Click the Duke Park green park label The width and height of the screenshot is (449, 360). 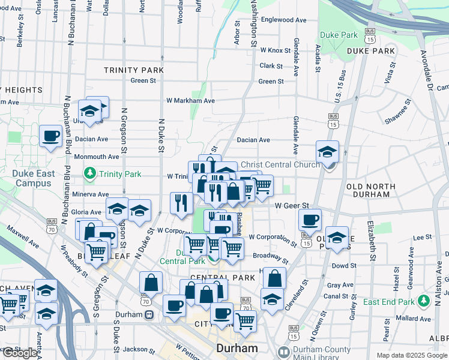pos(339,35)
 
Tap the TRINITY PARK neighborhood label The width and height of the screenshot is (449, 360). pos(133,70)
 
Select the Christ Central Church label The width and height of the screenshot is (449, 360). pos(280,164)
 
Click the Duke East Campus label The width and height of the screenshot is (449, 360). pos(33,178)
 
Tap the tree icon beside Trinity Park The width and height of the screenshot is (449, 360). pos(90,174)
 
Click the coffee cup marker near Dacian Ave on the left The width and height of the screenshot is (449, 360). pos(50,136)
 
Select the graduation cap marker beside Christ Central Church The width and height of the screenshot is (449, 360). pos(328,151)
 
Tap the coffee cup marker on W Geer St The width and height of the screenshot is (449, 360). pos(310,220)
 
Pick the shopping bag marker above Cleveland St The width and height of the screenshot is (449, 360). pos(274,278)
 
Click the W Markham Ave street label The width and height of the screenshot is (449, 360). pos(190,101)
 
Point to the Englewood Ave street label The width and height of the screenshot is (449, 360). pos(285,20)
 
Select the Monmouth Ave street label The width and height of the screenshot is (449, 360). pos(97,157)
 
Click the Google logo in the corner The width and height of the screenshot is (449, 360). pos(19,353)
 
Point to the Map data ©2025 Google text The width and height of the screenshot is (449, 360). pos(411,355)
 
